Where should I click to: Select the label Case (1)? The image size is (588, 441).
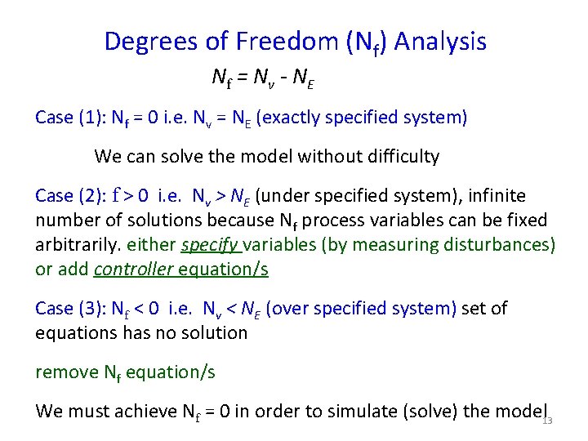tap(69, 118)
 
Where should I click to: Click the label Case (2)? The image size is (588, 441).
tap(69, 196)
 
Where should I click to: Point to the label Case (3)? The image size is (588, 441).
tap(69, 309)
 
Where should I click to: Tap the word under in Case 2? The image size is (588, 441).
tap(286, 196)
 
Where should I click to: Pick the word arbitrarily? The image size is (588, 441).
tap(76, 245)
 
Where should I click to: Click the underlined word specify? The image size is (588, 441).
tap(210, 245)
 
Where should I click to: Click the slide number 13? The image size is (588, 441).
tap(547, 421)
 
